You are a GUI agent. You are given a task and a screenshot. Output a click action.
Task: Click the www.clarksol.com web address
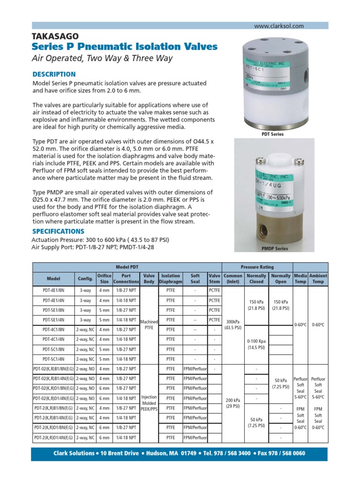click(279, 26)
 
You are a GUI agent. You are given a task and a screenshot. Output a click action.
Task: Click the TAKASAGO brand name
click(55, 36)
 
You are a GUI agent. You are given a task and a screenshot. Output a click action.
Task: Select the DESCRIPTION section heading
click(53, 74)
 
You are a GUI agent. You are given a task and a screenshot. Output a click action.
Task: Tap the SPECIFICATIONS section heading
click(58, 232)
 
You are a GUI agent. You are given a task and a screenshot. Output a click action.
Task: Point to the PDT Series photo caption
click(272, 134)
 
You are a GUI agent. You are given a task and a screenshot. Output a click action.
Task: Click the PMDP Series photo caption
click(274, 248)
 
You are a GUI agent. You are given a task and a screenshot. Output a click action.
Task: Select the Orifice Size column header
click(104, 278)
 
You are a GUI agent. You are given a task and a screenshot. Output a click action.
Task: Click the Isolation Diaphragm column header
click(171, 278)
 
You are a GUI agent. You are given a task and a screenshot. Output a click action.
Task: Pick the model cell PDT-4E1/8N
click(53, 290)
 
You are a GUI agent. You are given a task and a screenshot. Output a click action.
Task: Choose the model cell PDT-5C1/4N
click(53, 359)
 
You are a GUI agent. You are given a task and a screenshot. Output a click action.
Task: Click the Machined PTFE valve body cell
click(149, 325)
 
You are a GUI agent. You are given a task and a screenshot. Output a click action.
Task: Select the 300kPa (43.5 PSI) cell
click(233, 325)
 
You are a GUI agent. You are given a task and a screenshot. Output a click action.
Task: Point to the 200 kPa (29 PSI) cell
click(233, 404)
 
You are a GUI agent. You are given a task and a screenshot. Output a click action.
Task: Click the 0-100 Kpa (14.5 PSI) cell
click(256, 345)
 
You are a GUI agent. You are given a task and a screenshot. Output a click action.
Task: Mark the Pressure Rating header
click(256, 266)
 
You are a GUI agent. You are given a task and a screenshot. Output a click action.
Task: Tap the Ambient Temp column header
click(318, 278)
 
